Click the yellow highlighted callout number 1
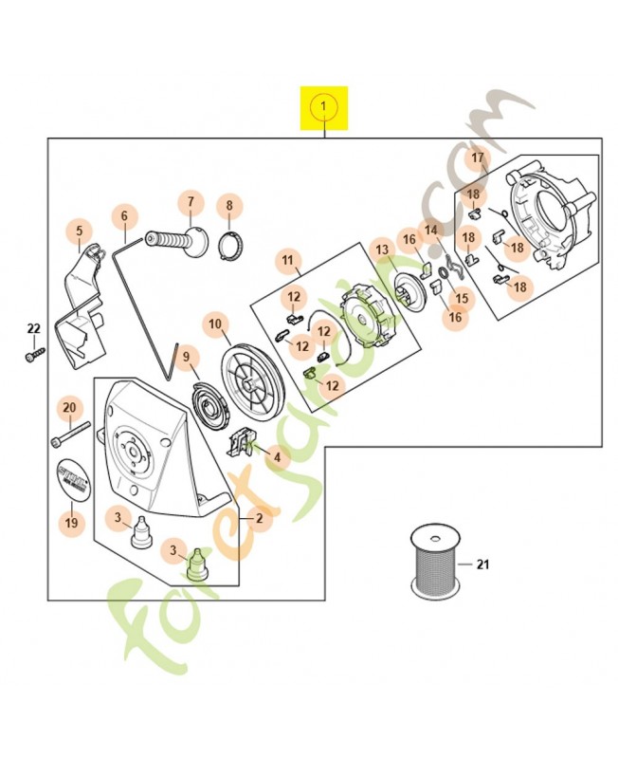(x=323, y=107)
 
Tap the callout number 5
(x=79, y=230)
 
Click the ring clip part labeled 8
(x=228, y=247)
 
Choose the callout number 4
(x=277, y=457)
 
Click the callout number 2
(x=257, y=518)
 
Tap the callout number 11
(x=287, y=259)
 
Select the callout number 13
(x=382, y=250)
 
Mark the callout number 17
(x=478, y=157)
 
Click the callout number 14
(x=431, y=230)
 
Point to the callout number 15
(x=462, y=297)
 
